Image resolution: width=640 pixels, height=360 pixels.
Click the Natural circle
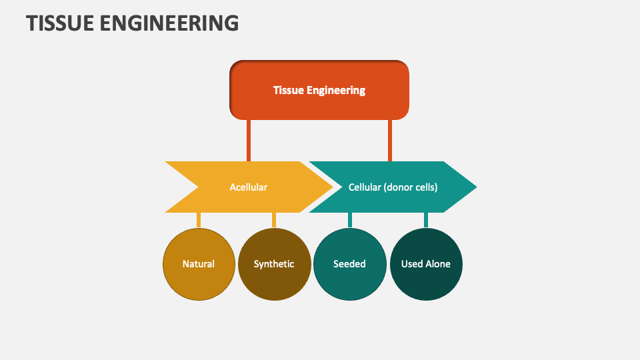pos(199,264)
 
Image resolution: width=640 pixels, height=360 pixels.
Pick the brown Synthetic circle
pos(274,264)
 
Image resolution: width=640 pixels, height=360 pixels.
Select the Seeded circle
pos(349,264)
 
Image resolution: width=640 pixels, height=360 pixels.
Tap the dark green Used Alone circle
pos(425,264)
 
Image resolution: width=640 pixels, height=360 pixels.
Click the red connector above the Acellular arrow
pos(249,140)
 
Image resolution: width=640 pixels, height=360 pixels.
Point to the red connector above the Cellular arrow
pos(390,140)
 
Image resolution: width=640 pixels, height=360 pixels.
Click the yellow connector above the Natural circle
pos(199,220)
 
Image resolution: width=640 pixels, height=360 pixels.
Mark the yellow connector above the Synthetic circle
pos(274,220)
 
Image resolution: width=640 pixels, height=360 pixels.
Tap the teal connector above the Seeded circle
pos(349,220)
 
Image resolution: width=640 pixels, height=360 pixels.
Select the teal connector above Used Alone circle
pos(425,220)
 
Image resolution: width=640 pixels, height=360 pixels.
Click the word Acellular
pos(248,187)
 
